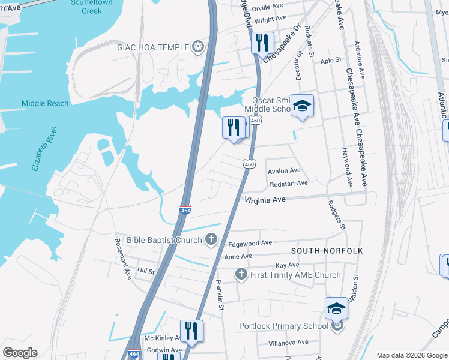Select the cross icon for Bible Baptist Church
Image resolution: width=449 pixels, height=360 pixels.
pos(211,240)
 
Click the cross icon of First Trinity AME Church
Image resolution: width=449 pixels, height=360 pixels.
pos(241,275)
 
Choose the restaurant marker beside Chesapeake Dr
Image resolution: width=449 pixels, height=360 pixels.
pos(262,43)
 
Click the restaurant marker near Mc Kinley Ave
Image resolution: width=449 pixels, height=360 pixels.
pos(191,331)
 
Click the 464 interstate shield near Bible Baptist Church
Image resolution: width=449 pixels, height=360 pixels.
pos(185,211)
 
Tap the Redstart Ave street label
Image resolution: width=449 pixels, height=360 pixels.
pos(288,183)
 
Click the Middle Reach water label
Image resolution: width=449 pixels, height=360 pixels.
pos(45,103)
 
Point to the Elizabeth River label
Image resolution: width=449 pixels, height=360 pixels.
pos(44,149)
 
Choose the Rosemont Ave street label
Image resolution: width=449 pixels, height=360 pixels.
pos(123,259)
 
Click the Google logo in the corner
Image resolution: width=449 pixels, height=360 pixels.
pos(20,353)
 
